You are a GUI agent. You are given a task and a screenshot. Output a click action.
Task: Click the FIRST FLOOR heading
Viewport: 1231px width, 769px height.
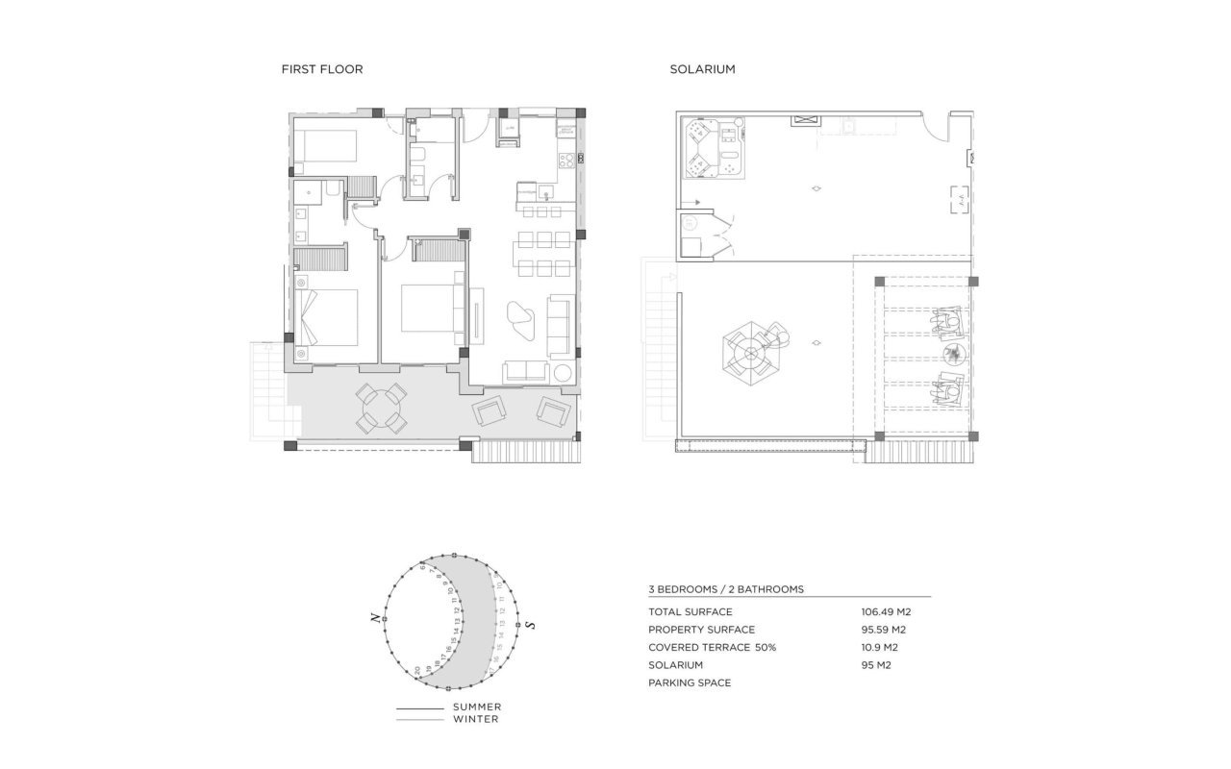tap(321, 69)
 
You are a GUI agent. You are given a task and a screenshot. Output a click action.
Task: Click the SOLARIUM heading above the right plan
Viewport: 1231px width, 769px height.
tap(703, 69)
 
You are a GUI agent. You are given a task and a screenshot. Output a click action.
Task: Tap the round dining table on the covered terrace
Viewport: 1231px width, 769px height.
tap(381, 409)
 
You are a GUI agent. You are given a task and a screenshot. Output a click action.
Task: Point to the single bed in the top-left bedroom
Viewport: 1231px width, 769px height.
tap(325, 146)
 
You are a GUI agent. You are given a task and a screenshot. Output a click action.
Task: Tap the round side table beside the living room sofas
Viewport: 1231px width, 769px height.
tap(563, 373)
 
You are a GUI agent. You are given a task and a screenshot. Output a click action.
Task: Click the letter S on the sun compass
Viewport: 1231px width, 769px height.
tap(531, 626)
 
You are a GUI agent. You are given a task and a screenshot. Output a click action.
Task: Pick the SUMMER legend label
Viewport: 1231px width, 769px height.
tap(477, 707)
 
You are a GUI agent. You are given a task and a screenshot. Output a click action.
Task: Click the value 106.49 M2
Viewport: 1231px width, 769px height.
tap(885, 611)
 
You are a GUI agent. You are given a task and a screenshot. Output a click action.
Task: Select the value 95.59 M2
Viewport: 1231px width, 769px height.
tap(884, 630)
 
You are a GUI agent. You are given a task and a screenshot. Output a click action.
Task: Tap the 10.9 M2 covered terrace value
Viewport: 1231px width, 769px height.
tap(879, 647)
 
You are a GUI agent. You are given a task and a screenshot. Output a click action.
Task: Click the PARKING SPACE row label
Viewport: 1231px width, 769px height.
tap(690, 682)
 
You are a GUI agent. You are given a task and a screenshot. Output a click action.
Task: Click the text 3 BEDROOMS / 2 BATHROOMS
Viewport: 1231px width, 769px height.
tap(726, 589)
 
